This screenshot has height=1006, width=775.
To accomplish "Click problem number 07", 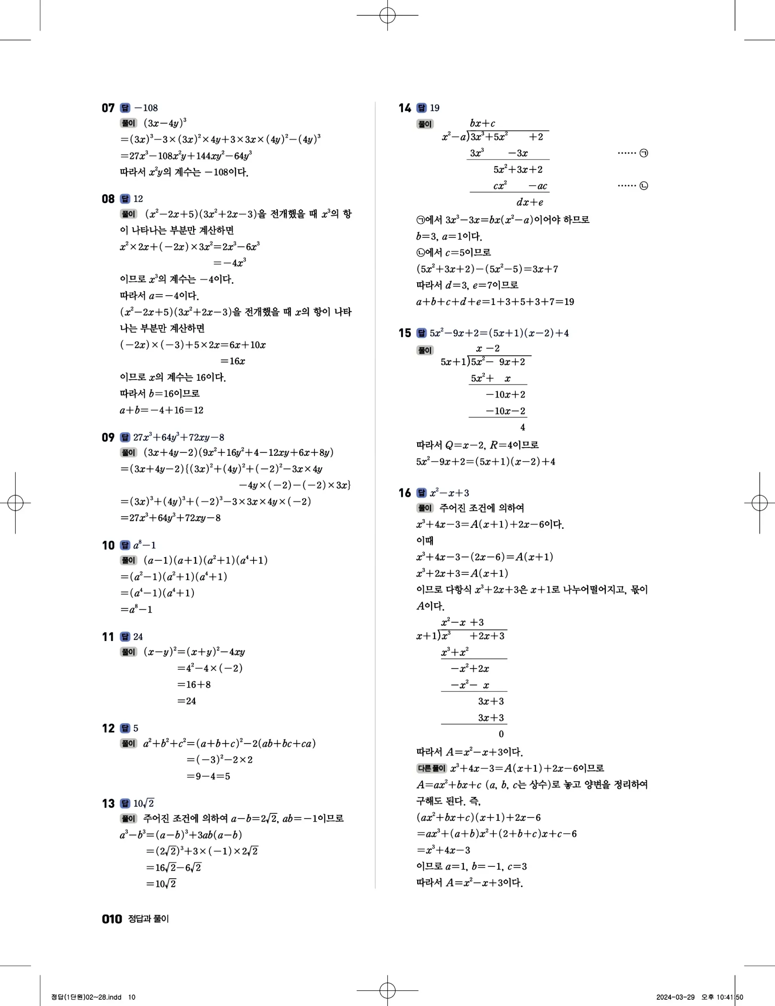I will tap(108, 108).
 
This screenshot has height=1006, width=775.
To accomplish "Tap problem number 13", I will tap(108, 804).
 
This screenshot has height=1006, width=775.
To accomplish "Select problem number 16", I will tap(405, 493).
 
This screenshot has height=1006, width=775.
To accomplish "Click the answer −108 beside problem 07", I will tap(145, 108).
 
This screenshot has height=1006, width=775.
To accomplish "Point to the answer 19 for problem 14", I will tap(434, 108).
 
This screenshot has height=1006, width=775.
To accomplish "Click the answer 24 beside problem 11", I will tap(138, 637).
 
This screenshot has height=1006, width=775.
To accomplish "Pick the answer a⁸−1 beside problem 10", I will tap(145, 545).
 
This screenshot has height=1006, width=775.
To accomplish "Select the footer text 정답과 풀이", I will tap(148, 919).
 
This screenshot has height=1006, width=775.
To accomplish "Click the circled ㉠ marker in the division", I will tap(644, 153).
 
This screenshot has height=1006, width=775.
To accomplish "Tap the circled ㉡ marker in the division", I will tap(644, 186).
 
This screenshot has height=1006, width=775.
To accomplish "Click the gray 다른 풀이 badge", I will tap(431, 768).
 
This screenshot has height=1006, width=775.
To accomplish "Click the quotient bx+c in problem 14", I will tap(482, 123).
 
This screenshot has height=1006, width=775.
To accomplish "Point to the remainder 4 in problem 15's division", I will tap(523, 428).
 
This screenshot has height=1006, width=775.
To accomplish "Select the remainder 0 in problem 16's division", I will tap(501, 734).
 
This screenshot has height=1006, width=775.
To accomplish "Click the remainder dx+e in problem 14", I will tap(530, 203).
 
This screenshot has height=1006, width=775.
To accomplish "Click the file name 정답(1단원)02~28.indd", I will tap(86, 997).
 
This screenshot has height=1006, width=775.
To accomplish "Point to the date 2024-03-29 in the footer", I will tap(675, 997).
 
